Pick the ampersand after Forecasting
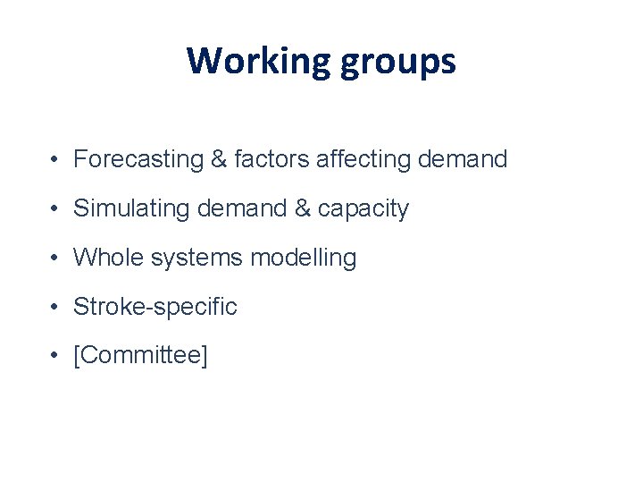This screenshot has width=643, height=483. [x=219, y=160]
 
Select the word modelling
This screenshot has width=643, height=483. [x=304, y=258]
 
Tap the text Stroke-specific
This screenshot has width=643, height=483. [x=155, y=308]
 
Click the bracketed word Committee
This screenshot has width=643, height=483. [x=140, y=357]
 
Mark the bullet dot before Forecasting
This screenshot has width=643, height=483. [x=55, y=161]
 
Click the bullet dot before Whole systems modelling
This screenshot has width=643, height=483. [x=55, y=259]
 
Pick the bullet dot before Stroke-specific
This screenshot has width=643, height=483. [x=55, y=309]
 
